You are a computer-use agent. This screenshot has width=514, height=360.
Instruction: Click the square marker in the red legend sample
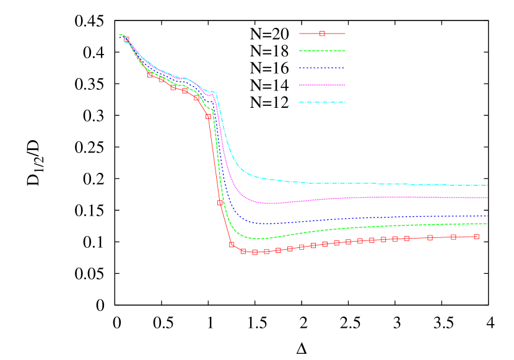(322, 33)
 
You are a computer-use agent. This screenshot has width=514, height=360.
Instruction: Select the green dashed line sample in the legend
(322, 51)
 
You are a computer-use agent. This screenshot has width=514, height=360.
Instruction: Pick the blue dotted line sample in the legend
(322, 68)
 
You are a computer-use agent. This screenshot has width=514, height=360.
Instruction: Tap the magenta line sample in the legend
(322, 85)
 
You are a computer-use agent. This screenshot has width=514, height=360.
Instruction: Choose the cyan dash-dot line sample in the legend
(322, 102)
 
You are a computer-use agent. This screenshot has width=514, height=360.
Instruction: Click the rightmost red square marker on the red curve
(476, 236)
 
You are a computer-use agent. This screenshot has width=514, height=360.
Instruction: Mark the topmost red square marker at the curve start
(126, 40)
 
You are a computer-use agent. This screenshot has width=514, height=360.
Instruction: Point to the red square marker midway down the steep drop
(220, 203)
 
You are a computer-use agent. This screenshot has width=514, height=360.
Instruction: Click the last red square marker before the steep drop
(209, 116)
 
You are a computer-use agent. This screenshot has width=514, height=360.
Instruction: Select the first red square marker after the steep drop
(232, 245)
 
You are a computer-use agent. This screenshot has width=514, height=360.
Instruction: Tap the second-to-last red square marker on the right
(453, 237)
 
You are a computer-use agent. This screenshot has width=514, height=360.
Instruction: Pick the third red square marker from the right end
(430, 237)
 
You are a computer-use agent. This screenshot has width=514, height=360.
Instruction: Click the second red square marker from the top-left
(150, 75)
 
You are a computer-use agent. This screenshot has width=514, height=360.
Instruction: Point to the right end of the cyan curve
(487, 185)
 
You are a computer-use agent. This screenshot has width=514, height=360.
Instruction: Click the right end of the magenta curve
(487, 198)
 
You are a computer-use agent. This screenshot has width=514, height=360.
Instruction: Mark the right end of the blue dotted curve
(487, 216)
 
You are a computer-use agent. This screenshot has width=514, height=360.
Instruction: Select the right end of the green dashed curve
(487, 224)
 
